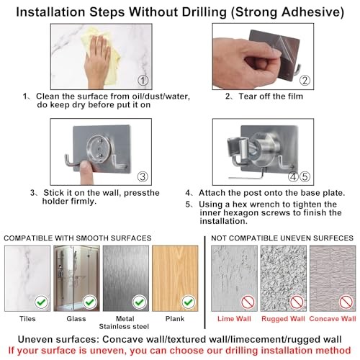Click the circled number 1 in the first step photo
(143, 81)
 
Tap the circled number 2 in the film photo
(305, 81)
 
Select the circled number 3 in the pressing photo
(143, 176)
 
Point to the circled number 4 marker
(293, 176)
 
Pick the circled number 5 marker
(305, 176)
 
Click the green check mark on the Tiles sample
(41, 302)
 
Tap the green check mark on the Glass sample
(90, 302)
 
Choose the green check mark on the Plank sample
(189, 302)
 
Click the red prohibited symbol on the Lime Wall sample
(248, 302)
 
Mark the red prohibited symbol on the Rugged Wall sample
(297, 302)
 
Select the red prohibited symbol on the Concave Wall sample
(346, 302)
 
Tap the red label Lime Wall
(234, 319)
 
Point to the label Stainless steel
(124, 326)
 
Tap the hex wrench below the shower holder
(247, 176)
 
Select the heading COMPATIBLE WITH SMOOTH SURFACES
(78, 238)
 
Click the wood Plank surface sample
(175, 279)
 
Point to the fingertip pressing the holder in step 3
(85, 166)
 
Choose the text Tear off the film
(271, 96)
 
